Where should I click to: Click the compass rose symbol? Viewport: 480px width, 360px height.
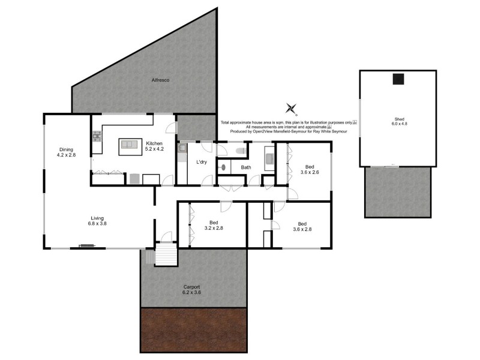click(292, 109)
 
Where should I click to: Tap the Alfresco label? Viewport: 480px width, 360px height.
click(160, 79)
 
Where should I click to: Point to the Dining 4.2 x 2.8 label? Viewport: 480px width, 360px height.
click(66, 152)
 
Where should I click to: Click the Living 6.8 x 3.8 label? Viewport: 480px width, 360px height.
click(98, 220)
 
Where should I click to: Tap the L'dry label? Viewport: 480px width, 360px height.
click(202, 163)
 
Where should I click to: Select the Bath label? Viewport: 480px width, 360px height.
click(245, 167)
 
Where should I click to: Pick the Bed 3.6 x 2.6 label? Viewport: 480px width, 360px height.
click(309, 169)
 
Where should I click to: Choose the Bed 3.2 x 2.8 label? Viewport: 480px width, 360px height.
click(214, 225)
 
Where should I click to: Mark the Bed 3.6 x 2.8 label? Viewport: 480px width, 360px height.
click(302, 226)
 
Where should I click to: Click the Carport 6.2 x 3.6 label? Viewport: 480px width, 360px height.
click(192, 290)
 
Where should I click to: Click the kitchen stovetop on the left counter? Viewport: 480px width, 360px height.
click(95, 139)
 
